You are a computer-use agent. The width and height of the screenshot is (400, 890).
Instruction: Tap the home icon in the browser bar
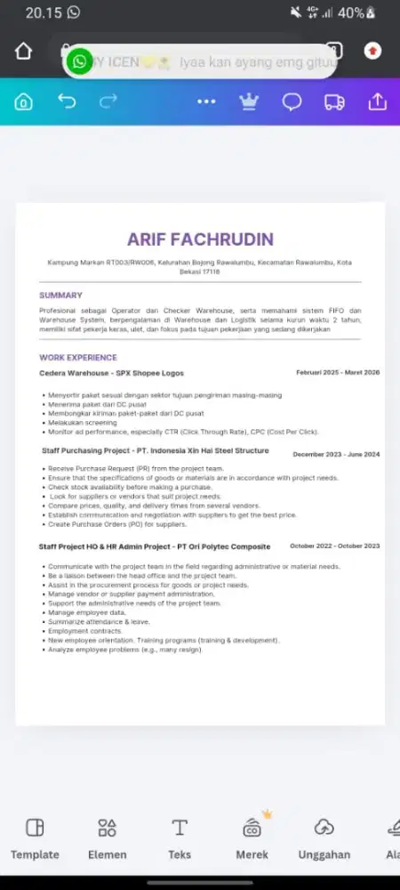(23, 51)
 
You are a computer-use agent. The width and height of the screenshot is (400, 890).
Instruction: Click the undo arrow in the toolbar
(67, 101)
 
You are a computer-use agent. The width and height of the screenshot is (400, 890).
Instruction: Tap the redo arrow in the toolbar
(108, 101)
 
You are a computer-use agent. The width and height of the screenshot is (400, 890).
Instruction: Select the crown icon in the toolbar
(249, 101)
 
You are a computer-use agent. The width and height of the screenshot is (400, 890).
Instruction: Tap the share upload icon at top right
(377, 101)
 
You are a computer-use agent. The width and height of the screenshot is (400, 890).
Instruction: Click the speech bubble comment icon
(292, 101)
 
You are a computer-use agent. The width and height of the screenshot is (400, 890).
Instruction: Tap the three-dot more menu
(206, 101)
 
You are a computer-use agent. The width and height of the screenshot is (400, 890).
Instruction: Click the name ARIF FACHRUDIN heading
(200, 239)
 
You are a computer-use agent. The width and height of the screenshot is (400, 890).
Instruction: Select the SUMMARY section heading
(60, 295)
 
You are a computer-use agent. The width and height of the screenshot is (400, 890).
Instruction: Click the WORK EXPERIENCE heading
(78, 358)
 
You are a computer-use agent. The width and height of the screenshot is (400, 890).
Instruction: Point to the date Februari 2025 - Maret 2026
(338, 372)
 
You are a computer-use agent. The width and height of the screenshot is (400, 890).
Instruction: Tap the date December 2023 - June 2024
(336, 454)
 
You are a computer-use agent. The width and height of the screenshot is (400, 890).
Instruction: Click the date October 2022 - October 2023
(334, 546)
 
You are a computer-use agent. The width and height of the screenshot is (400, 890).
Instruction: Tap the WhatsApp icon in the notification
(80, 61)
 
